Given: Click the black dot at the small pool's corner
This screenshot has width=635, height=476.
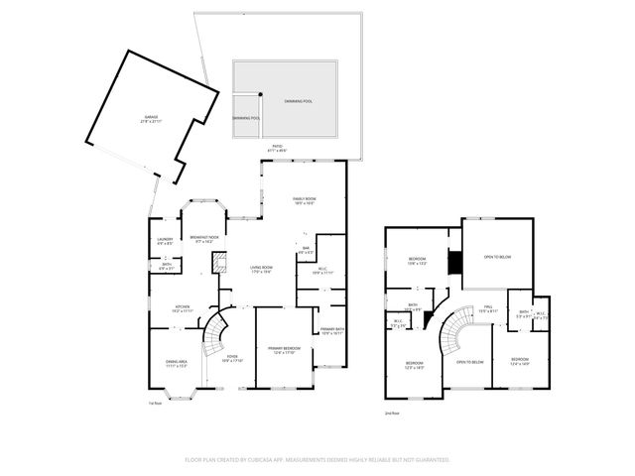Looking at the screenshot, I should [x=260, y=96].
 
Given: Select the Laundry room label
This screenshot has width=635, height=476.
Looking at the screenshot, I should [x=166, y=241].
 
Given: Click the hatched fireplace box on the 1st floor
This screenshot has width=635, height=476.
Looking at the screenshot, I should [x=215, y=262].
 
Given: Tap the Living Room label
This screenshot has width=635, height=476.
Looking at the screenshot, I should [x=260, y=270].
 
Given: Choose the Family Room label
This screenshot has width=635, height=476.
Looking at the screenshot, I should [x=304, y=201].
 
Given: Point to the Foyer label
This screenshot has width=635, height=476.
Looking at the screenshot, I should [x=231, y=358].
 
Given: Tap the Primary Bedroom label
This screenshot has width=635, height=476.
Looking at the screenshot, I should [x=284, y=349].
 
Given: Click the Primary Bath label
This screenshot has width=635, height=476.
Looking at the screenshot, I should [x=331, y=331].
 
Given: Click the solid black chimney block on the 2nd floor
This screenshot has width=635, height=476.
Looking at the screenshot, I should [x=454, y=263].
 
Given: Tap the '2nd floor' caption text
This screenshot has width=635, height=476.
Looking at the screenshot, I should [x=392, y=413].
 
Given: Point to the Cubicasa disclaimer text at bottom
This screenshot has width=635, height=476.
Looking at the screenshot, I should [x=317, y=460].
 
